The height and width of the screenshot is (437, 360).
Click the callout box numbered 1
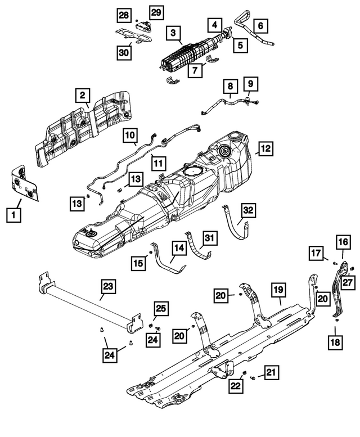(11, 214)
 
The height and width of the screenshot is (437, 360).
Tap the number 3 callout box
(173, 33)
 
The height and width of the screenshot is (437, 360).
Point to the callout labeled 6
(261, 25)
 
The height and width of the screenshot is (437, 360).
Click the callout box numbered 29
(155, 12)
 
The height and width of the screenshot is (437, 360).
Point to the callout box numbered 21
(271, 372)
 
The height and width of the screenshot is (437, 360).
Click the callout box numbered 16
(343, 242)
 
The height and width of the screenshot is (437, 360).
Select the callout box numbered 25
(160, 308)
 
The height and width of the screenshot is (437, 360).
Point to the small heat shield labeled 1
(25, 183)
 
